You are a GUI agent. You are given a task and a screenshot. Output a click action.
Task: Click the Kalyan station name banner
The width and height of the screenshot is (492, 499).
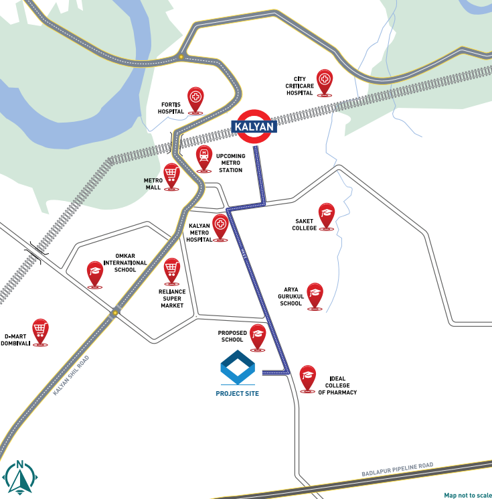pyautogui.click(x=254, y=126)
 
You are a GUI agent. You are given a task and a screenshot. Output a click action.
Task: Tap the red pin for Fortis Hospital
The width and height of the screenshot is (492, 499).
pyautogui.click(x=195, y=99)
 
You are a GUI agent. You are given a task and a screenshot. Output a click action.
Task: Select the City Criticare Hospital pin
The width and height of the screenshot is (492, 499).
pyautogui.click(x=325, y=82)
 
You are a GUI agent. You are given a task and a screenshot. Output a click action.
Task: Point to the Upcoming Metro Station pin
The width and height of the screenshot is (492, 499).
pyautogui.click(x=204, y=157)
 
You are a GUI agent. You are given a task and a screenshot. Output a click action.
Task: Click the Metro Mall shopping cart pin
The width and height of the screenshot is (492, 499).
pyautogui.click(x=171, y=175)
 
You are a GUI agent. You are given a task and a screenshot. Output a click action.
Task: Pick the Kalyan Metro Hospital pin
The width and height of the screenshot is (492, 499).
pyautogui.click(x=220, y=226)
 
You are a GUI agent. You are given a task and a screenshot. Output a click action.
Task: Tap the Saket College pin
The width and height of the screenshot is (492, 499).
pyautogui.click(x=326, y=215)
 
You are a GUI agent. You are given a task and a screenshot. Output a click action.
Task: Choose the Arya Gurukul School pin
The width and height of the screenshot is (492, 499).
pyautogui.click(x=315, y=295)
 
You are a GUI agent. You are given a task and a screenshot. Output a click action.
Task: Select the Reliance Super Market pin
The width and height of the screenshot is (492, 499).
pyautogui.click(x=172, y=271)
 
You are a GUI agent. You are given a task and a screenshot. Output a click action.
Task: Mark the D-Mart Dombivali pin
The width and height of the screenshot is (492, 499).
pyautogui.click(x=40, y=331)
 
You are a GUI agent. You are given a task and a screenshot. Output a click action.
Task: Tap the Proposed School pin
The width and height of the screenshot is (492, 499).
pyautogui.click(x=258, y=336)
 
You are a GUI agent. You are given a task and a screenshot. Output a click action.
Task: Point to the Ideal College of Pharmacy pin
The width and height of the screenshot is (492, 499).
pyautogui.click(x=307, y=377)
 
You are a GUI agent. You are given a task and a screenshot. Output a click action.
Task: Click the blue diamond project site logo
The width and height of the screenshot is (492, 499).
pyautogui.click(x=238, y=368)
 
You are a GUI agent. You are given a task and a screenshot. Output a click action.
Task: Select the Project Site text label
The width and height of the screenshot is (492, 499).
pyautogui.click(x=237, y=394)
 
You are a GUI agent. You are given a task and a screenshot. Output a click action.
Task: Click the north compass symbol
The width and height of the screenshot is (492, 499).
pyautogui.click(x=19, y=476)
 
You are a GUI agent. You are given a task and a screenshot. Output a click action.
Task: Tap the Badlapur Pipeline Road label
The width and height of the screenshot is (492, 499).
pyautogui.click(x=398, y=470)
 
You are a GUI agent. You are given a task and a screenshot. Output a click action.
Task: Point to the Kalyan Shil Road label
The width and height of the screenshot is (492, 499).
pyautogui.click(x=70, y=376)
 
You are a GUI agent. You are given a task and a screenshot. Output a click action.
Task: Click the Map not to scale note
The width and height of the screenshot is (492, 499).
pyautogui.click(x=467, y=495)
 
